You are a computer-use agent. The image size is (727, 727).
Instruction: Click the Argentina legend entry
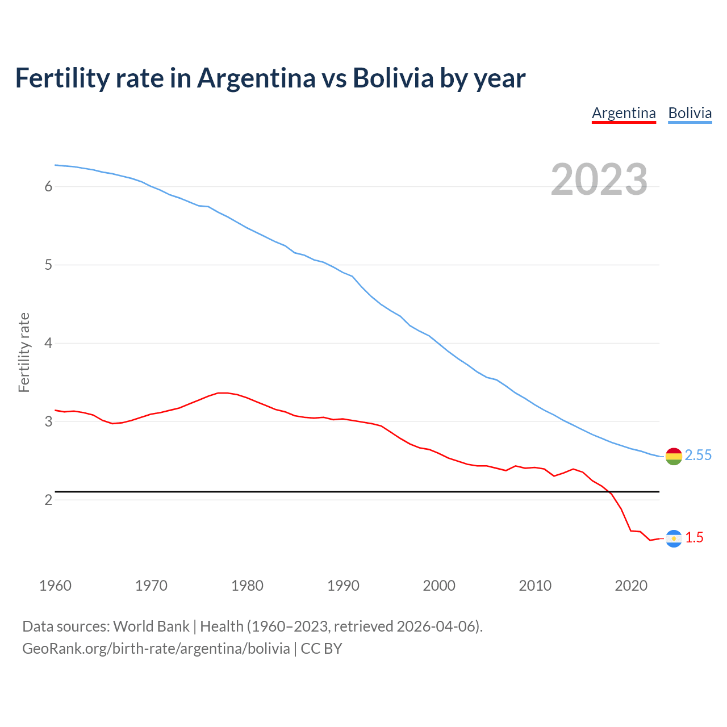tap(624, 113)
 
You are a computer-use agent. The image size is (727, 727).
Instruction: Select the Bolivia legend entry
tap(690, 113)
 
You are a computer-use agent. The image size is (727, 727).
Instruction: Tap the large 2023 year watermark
tap(599, 179)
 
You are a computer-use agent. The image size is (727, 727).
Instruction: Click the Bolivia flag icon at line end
tap(674, 456)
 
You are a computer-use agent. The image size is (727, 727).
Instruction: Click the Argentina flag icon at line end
tap(674, 538)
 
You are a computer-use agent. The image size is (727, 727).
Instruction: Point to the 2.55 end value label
tap(698, 456)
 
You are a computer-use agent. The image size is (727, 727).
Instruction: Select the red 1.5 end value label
tap(694, 538)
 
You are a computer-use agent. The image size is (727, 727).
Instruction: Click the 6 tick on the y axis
tap(48, 187)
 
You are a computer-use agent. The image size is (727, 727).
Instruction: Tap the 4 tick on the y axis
tap(48, 344)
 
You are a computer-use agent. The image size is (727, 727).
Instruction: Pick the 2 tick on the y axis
tap(48, 500)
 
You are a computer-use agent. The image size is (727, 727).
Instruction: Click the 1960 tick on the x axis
tap(55, 586)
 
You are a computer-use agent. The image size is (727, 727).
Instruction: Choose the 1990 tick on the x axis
tap(343, 586)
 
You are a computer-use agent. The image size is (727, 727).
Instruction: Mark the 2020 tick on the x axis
tap(631, 586)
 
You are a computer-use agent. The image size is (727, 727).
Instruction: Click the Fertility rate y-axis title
tap(24, 352)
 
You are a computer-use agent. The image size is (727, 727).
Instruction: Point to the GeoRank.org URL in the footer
tap(156, 649)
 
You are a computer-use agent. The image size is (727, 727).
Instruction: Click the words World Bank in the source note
tap(151, 626)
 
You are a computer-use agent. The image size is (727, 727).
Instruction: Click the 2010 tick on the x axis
tap(535, 586)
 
